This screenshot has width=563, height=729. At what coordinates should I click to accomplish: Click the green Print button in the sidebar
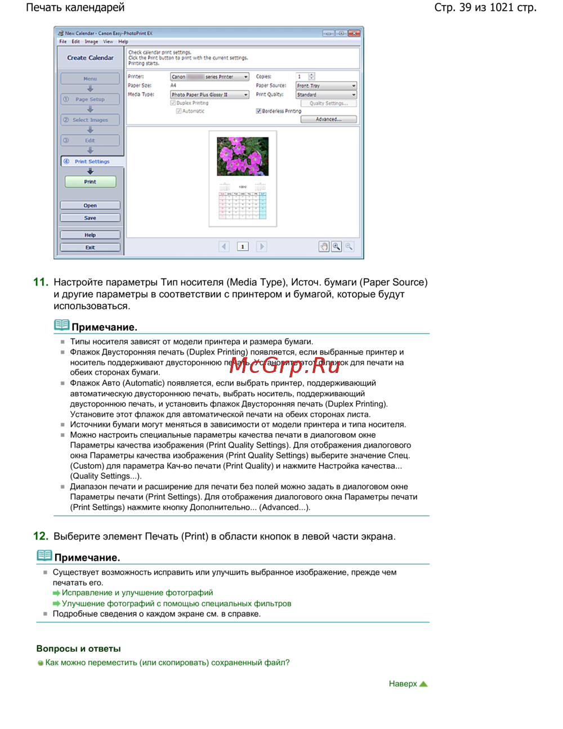pos(90,182)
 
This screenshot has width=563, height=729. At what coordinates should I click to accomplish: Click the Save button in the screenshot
pos(90,218)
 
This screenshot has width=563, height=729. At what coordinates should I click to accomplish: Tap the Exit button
pos(90,247)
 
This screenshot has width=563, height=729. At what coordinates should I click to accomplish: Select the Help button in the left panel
pos(90,235)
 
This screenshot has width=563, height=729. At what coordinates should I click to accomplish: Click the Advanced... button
pos(328,119)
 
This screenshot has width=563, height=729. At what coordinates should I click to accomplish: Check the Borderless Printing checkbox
pos(258,111)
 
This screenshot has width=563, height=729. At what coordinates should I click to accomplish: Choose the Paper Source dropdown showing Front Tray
pos(326,86)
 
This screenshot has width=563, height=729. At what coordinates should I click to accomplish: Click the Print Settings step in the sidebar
pos(91,162)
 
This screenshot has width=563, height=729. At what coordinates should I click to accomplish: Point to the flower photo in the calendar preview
pos(243,156)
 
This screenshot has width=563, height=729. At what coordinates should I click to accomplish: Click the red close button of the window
pos(354,33)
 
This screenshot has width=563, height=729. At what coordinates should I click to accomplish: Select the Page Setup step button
pos(90,99)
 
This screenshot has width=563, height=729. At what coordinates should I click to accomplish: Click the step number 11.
pos(41,282)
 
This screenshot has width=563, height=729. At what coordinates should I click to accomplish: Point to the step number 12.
pos(41,536)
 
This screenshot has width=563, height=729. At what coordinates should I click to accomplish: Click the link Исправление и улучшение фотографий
pos(137,593)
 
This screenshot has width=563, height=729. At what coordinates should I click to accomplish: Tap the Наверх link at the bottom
pos(403,684)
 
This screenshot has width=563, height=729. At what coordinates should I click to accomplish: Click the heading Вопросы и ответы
pos(78,648)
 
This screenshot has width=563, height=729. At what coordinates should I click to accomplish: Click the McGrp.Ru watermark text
pos(285,365)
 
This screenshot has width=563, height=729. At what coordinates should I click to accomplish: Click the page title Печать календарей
pos(75,8)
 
